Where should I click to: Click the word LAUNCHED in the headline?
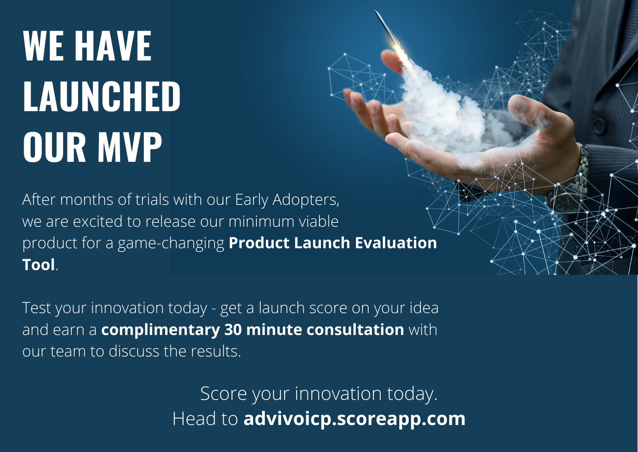102,96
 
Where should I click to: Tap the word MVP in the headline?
130,147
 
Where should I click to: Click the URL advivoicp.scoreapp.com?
354,418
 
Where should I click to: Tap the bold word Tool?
39,265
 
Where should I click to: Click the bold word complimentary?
161,330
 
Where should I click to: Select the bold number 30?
233,330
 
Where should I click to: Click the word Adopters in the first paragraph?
306,200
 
